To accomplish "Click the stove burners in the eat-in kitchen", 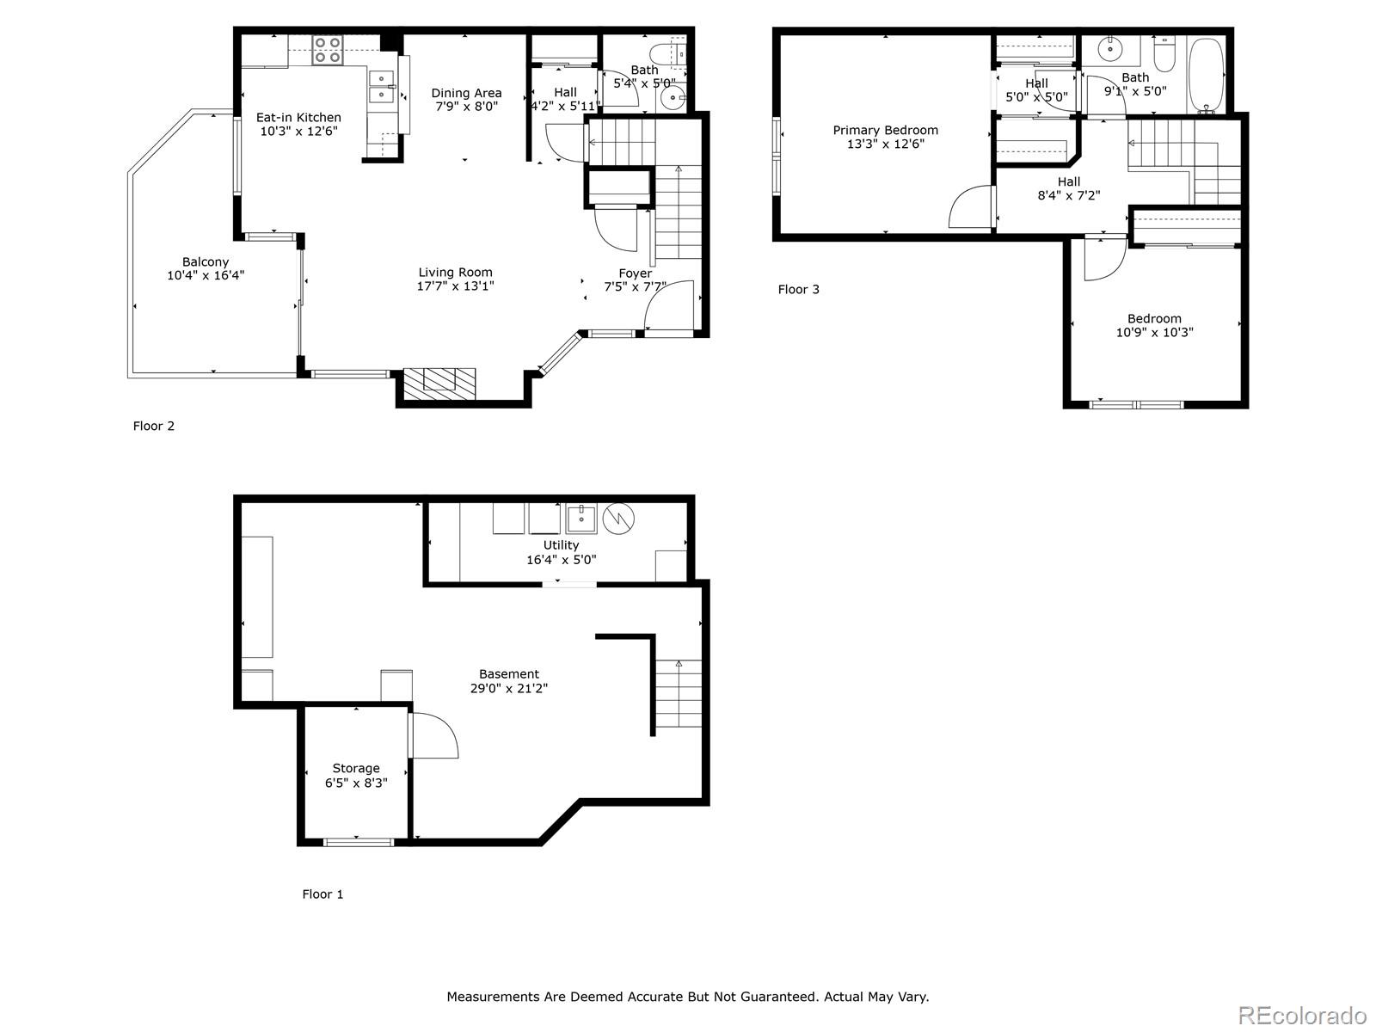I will click(x=327, y=50).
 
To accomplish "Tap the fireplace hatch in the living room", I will click(x=439, y=382).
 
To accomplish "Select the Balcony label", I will click(x=206, y=262).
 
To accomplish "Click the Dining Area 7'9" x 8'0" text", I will click(x=466, y=100).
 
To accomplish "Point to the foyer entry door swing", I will click(x=667, y=305).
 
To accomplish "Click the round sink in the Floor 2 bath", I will click(x=672, y=98).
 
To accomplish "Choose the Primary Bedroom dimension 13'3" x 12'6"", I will click(x=885, y=144).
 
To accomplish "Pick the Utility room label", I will click(x=561, y=545).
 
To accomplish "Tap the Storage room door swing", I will click(x=434, y=735).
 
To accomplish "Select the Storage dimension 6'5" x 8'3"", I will click(x=356, y=783).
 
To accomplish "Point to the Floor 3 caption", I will click(x=798, y=290).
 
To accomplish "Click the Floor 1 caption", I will click(x=322, y=894).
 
